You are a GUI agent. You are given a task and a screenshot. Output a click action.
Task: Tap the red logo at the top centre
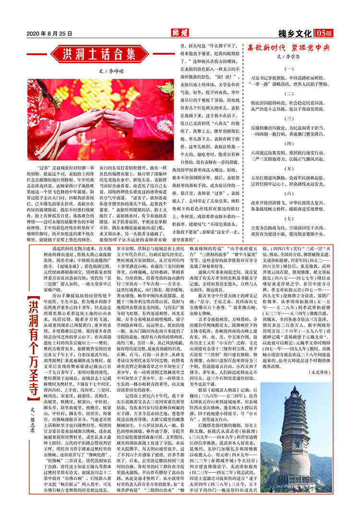click(x=180, y=33)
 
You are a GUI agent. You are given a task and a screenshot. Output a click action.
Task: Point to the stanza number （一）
click(x=289, y=69)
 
